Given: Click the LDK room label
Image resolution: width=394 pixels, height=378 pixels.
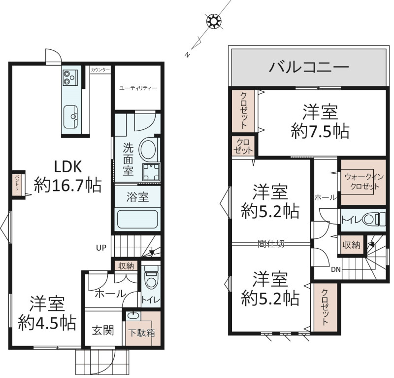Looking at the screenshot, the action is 68,167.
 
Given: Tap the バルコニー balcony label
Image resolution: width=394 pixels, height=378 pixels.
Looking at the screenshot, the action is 309,67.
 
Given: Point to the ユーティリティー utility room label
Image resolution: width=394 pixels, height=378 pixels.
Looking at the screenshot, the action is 138,88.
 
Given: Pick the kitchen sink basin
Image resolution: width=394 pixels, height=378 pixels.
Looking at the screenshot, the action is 70,117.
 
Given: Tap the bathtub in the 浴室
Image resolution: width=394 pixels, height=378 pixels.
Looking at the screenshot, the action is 137,219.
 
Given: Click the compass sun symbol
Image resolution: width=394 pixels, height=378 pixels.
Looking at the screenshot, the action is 214,21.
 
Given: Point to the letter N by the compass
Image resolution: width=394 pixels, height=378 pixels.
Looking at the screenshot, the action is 187,55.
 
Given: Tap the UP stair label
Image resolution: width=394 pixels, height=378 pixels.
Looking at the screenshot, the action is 101,248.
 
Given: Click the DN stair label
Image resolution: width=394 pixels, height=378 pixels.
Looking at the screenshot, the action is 336,270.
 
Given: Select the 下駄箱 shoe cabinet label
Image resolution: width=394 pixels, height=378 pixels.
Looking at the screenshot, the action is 141,333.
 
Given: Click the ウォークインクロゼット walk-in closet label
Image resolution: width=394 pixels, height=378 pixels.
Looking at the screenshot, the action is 364,181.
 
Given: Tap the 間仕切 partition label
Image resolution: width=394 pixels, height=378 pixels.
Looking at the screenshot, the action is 271,243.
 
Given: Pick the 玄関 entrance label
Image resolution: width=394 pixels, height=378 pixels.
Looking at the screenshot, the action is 103,331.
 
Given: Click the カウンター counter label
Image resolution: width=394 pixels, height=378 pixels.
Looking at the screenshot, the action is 100,70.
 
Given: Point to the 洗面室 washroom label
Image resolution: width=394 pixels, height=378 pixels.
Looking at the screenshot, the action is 128,159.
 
